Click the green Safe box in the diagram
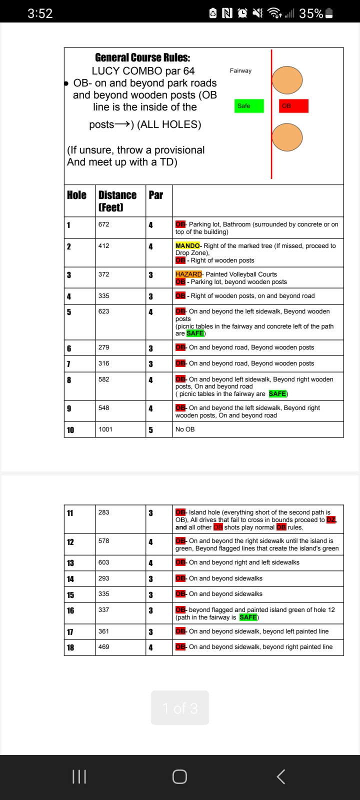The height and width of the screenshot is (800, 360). (249, 106)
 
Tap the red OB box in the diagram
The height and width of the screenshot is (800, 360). (293, 106)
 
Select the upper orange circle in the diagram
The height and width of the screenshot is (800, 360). (287, 80)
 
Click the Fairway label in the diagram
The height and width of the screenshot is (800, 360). (240, 71)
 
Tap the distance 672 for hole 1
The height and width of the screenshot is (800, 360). (103, 224)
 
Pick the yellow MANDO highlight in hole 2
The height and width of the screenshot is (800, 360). (187, 246)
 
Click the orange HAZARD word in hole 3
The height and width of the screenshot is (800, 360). (188, 274)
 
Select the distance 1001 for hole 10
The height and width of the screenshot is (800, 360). (105, 429)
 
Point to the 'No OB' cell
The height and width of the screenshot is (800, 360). (185, 429)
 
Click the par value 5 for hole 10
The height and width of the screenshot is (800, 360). (150, 430)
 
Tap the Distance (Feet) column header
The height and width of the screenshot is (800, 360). (117, 200)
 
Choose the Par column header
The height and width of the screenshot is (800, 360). (155, 195)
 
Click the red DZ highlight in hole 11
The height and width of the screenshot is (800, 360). (331, 520)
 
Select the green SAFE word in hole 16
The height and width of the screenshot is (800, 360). (248, 617)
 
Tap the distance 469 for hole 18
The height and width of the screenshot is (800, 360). (103, 647)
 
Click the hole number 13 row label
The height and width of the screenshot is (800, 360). (70, 563)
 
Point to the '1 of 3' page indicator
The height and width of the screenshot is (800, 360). (180, 708)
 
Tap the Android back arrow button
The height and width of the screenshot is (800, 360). (281, 776)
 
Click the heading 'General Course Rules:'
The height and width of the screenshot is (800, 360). (142, 58)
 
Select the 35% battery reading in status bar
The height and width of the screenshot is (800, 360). (311, 13)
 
